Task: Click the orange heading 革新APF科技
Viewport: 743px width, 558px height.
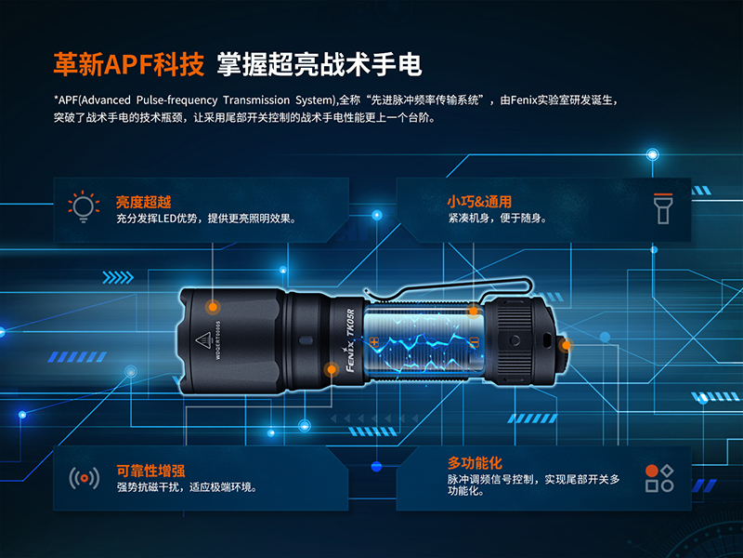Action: pos(129,64)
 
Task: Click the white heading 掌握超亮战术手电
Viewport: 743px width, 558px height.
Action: pos(319,64)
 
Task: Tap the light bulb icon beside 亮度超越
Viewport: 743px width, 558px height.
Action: pos(84,206)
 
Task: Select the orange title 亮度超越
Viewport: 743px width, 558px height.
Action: pos(144,202)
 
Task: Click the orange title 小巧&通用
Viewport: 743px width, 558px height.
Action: pos(479,202)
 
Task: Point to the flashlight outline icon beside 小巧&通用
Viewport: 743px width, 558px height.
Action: pos(663,208)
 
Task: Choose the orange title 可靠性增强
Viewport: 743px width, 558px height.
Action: pos(150,471)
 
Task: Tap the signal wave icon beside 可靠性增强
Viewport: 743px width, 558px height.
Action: pos(85,478)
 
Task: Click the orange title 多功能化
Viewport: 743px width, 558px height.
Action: pos(475,462)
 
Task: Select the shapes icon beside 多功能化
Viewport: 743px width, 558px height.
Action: pos(659,478)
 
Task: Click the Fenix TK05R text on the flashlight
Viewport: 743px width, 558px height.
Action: pos(351,339)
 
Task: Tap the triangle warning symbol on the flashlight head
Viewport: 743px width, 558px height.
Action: pos(203,340)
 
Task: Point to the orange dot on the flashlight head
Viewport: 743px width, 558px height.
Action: pos(213,307)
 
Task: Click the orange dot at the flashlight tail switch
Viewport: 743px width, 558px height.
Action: pos(566,346)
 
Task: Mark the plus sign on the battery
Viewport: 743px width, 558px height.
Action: pos(374,341)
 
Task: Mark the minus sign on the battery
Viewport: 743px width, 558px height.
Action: pos(474,342)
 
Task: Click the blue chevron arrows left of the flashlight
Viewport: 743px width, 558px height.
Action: pos(118,277)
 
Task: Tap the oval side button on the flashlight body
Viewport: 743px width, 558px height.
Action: pos(306,340)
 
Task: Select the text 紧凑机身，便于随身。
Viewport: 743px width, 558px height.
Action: pos(497,219)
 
